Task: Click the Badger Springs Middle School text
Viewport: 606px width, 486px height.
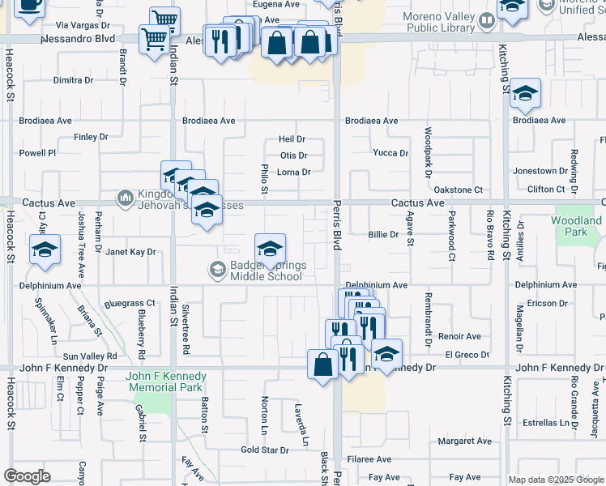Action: (x=266, y=270)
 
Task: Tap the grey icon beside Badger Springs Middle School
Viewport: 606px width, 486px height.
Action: (x=217, y=270)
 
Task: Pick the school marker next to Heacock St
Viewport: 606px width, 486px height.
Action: (x=45, y=249)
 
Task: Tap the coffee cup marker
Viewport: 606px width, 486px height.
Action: (x=30, y=4)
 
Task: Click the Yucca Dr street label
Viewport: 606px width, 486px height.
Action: (x=390, y=153)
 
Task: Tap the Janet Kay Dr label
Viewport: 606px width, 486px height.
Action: (x=130, y=252)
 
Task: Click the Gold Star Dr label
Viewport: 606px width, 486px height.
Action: (x=265, y=450)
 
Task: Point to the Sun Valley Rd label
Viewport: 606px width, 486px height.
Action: (x=91, y=356)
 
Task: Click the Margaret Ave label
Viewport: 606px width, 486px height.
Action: (x=465, y=441)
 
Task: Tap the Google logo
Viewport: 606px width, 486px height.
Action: (x=27, y=476)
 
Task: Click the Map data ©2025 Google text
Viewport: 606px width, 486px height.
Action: (x=556, y=480)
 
